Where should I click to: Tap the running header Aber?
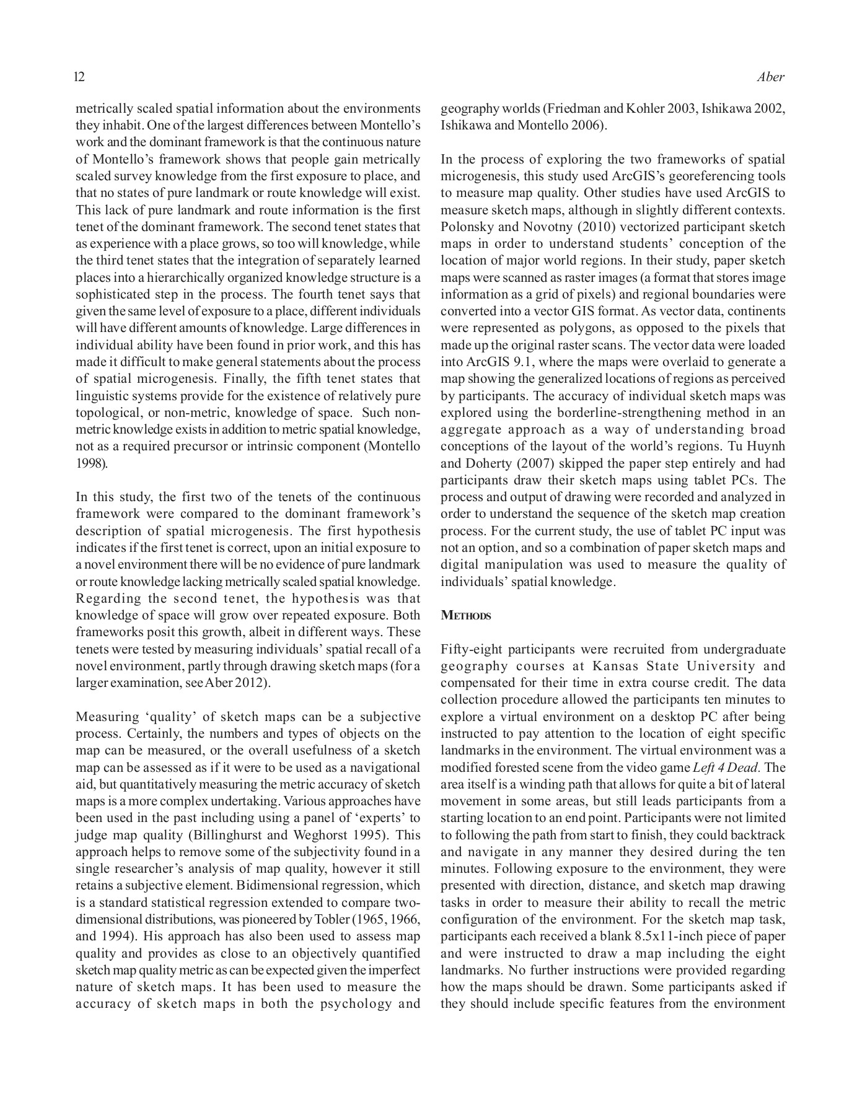point(771,77)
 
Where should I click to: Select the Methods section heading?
point(465,616)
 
